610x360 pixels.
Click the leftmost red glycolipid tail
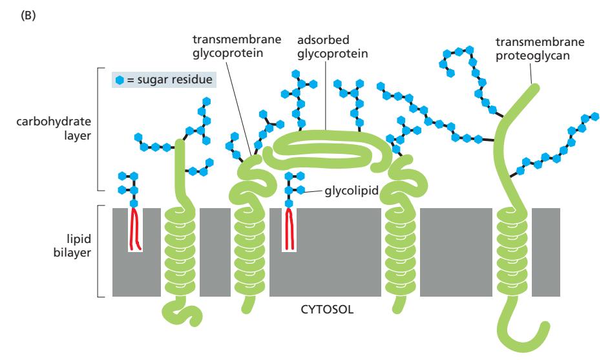pos(135,229)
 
